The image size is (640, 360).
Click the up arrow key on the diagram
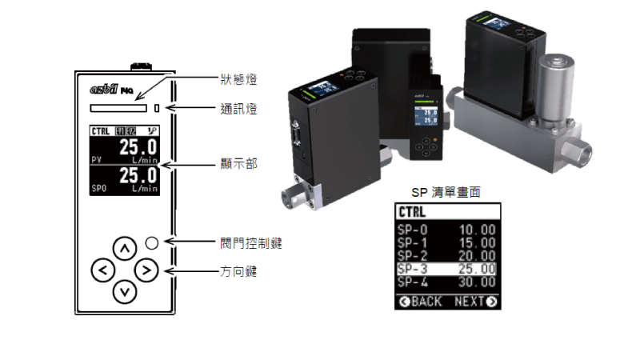tap(124, 248)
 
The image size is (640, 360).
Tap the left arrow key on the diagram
tap(102, 270)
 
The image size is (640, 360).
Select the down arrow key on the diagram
tap(124, 292)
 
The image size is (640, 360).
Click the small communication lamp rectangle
tap(158, 106)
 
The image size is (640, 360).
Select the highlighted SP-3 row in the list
tap(447, 269)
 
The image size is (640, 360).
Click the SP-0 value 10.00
tap(477, 230)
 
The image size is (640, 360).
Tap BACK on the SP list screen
tap(420, 302)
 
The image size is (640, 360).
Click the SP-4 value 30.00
tap(477, 282)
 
